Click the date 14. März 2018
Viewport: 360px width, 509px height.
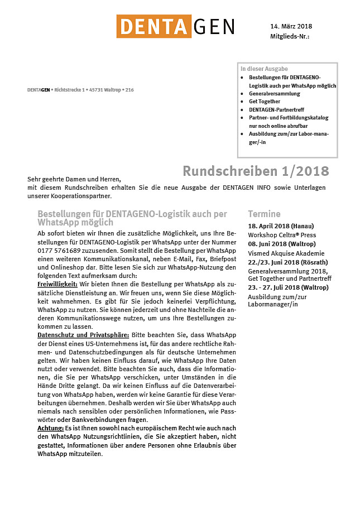click(x=291, y=26)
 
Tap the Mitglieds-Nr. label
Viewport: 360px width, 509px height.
click(x=289, y=36)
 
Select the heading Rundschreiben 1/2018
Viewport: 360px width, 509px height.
click(x=256, y=170)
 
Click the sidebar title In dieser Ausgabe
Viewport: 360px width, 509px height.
click(x=264, y=69)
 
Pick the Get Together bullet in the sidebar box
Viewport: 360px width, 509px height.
click(x=265, y=102)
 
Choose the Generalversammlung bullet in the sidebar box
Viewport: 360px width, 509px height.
click(x=274, y=94)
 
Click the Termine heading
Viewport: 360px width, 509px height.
click(x=264, y=214)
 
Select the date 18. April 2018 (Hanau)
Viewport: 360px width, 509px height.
click(x=281, y=226)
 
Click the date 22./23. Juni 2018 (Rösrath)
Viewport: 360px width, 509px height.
click(x=287, y=262)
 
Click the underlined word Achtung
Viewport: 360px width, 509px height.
click(x=50, y=428)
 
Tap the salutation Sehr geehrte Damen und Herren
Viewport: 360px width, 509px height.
click(x=74, y=179)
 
